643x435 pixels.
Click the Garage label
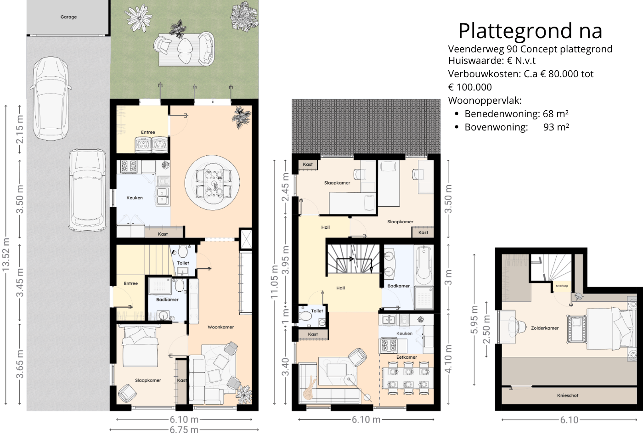click(x=68, y=17)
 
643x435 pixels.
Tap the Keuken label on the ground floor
click(x=135, y=198)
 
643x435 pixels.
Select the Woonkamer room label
click(x=220, y=327)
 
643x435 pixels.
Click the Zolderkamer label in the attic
click(x=545, y=328)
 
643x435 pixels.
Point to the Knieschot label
click(x=568, y=395)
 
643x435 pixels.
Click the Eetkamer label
click(x=406, y=357)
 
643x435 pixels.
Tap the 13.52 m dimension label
click(x=6, y=254)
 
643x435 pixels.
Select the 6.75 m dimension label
click(x=184, y=430)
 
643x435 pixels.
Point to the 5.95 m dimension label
click(x=474, y=320)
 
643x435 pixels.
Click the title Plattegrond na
click(x=530, y=31)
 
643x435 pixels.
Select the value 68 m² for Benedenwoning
click(x=555, y=114)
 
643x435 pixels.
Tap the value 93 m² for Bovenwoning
click(x=556, y=127)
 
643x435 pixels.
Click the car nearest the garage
click(x=50, y=98)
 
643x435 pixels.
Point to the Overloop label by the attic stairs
click(x=562, y=286)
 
